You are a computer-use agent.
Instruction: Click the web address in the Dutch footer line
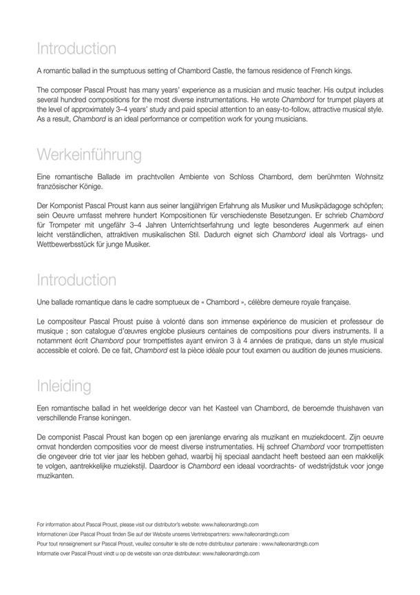(x=231, y=552)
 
